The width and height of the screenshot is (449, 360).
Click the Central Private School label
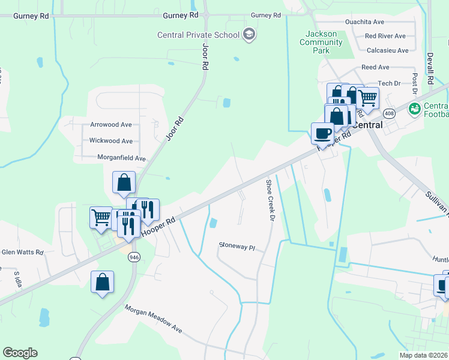(x=198, y=35)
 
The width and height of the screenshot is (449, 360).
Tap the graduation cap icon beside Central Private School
(x=249, y=35)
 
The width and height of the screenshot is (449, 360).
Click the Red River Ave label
(x=385, y=36)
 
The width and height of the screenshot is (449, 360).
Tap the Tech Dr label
(x=388, y=83)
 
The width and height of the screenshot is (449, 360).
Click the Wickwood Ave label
(x=110, y=141)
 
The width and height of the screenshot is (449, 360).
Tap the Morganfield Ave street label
(x=122, y=158)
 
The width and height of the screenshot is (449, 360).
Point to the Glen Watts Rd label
(x=23, y=253)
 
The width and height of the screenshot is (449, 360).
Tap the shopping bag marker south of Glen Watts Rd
(x=102, y=283)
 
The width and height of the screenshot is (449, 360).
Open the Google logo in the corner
(x=20, y=353)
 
